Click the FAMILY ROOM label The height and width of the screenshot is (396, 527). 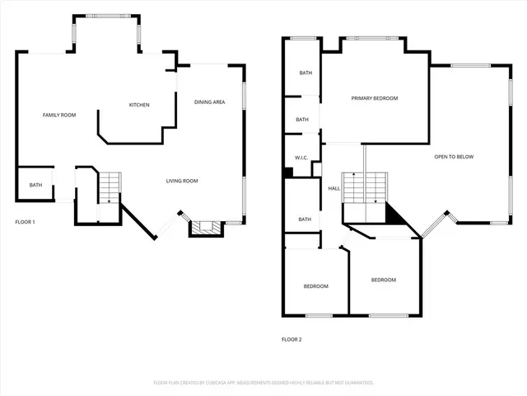tap(59, 115)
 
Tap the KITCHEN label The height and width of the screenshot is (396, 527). tap(139, 105)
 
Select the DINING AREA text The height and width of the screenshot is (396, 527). tap(210, 102)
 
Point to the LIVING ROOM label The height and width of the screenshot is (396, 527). tap(182, 181)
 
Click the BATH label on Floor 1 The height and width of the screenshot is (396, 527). tap(35, 185)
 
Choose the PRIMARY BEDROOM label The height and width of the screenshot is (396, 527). tap(375, 98)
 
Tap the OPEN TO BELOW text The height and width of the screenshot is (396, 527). tap(454, 157)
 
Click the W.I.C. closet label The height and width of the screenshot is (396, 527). tap(301, 158)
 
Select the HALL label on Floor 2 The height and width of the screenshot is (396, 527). tap(333, 189)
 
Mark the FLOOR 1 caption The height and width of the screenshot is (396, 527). tap(25, 222)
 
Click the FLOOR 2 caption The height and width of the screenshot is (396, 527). tap(291, 339)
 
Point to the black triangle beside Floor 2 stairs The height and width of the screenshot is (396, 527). tap(395, 216)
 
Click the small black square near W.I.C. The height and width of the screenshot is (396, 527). tap(288, 172)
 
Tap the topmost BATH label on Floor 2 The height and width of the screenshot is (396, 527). tap(305, 73)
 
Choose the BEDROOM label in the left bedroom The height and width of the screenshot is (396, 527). tap(315, 286)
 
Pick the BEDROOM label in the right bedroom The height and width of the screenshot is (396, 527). tap(383, 280)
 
